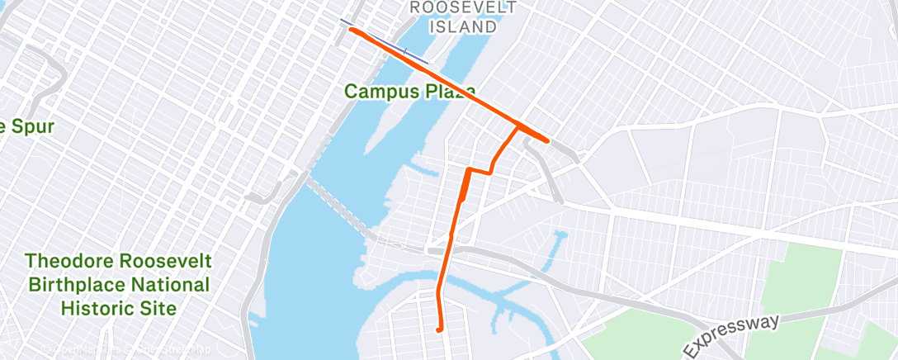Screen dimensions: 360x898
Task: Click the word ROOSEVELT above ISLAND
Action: click(463, 7)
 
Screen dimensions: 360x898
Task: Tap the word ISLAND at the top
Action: click(463, 26)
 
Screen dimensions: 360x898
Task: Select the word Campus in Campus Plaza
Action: click(378, 91)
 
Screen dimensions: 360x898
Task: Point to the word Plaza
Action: click(447, 91)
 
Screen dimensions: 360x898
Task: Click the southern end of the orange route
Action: click(438, 330)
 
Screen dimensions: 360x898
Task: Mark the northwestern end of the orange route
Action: click(352, 30)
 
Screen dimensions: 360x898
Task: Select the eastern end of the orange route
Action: click(547, 140)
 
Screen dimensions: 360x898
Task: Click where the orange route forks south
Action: click(518, 127)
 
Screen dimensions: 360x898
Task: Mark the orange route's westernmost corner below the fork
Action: click(468, 170)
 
